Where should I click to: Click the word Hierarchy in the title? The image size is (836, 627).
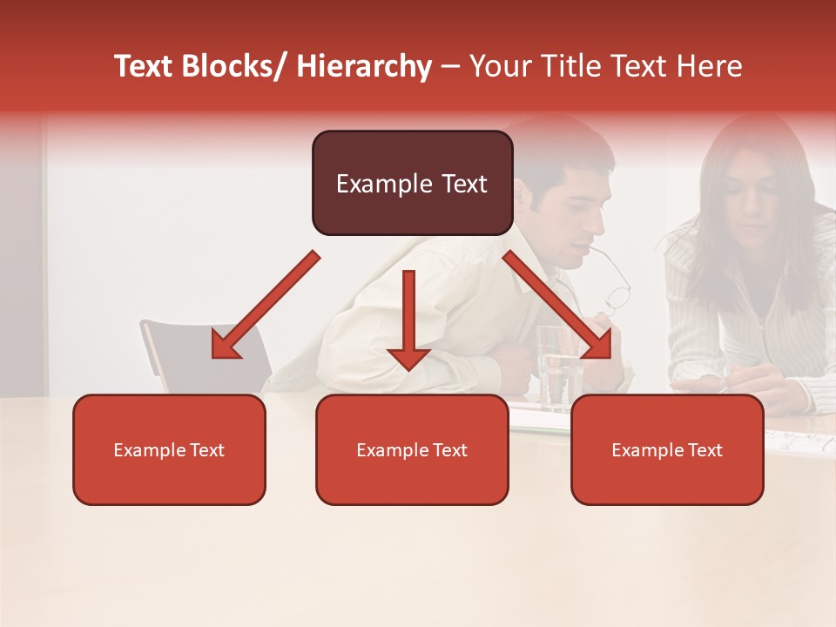(364, 66)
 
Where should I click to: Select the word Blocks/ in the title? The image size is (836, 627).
(235, 66)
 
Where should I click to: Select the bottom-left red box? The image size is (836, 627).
(169, 479)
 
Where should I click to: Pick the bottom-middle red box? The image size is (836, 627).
(412, 479)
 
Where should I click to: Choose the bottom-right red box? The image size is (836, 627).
(667, 479)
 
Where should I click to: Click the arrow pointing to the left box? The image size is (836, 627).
(265, 305)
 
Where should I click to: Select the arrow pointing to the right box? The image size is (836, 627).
(557, 305)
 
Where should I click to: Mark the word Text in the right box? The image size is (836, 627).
(705, 450)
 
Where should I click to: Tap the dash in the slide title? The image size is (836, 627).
(450, 67)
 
